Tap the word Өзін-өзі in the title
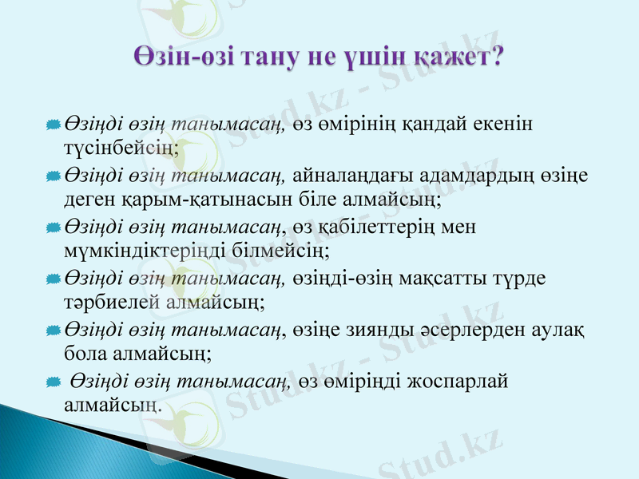183,57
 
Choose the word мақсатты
436,277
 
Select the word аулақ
558,329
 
